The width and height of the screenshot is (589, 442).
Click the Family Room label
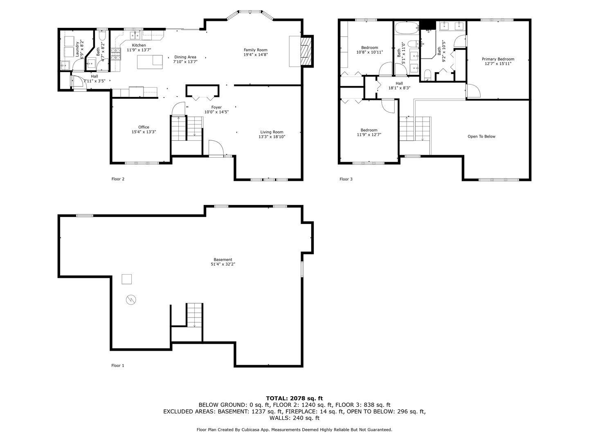[255, 50]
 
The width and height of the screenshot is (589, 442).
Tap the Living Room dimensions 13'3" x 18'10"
[272, 137]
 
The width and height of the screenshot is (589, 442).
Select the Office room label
[144, 127]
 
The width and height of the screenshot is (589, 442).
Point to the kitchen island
[150, 62]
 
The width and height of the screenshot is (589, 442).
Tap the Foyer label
[216, 107]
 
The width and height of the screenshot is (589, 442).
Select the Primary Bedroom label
[498, 59]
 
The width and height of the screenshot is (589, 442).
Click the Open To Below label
[481, 137]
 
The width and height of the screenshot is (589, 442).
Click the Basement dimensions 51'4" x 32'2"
[223, 264]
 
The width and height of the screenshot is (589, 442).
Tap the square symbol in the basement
[127, 279]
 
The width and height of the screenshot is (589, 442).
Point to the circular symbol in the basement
[131, 300]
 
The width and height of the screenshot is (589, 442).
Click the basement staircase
[194, 315]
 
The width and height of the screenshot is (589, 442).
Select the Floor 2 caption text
[118, 179]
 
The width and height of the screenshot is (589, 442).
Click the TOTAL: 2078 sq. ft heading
[294, 398]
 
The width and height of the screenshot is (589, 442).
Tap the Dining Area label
[185, 57]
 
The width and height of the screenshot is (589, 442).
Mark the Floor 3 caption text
[346, 179]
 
